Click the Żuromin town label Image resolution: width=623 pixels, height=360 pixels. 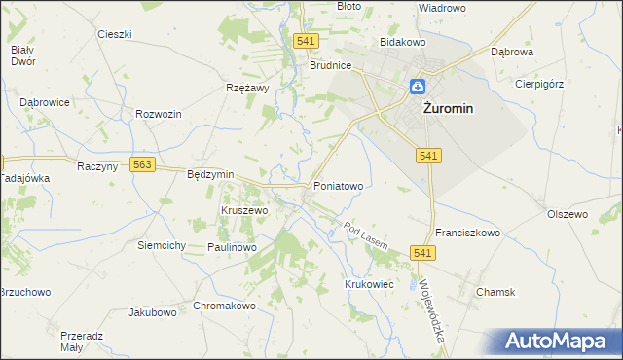click(x=448, y=109)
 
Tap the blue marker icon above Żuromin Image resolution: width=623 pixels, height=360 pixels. click(x=417, y=87)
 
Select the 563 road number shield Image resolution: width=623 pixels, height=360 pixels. click(x=143, y=165)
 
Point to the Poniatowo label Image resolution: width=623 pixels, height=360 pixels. click(x=338, y=185)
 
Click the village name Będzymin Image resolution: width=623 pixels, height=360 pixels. click(x=210, y=174)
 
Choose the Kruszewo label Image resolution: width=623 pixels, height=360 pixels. click(x=244, y=210)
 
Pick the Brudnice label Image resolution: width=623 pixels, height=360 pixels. click(x=330, y=66)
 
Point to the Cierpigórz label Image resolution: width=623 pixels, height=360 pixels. click(x=539, y=84)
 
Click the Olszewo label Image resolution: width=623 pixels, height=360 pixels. click(x=568, y=214)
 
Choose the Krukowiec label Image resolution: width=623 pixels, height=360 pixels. click(x=368, y=284)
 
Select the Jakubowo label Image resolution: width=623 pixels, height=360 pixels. click(x=153, y=313)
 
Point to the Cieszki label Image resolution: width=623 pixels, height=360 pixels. click(x=115, y=34)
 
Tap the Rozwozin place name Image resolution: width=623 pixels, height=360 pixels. click(x=160, y=114)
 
